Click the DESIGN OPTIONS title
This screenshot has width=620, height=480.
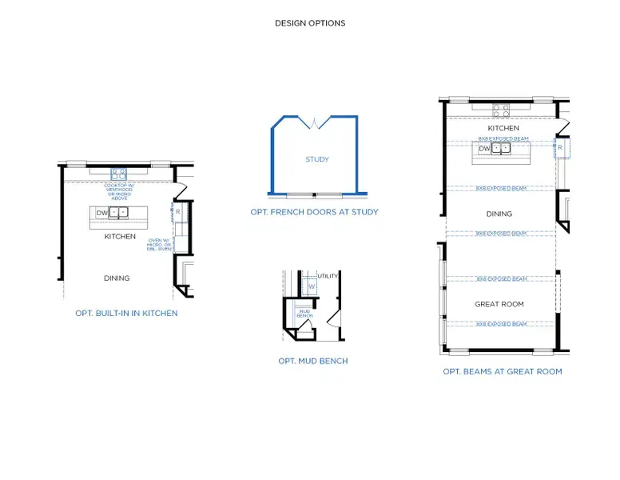pos(310,23)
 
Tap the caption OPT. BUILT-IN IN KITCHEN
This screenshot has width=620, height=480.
pos(126,313)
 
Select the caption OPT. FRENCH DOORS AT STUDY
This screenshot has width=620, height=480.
pos(314,212)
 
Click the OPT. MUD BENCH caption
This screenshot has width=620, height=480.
pos(312,361)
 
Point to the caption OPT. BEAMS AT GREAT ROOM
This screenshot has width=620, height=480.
pos(502,371)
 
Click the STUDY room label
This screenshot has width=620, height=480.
pos(316,159)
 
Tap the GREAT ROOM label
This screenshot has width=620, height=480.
pos(499,304)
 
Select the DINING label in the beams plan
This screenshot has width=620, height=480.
pos(499,214)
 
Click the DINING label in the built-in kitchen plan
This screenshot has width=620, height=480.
pos(117,278)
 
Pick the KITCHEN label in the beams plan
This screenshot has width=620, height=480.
pos(503,128)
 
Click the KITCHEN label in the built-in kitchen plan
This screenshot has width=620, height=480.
pos(120,237)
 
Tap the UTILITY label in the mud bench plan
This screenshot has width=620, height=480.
pos(328,276)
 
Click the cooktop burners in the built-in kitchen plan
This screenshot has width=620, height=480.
pos(118,173)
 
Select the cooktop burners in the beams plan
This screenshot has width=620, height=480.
pos(501,110)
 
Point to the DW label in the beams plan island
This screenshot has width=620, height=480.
pos(484,148)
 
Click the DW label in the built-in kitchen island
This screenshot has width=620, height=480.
pos(101,213)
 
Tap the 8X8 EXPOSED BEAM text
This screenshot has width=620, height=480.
pos(503,138)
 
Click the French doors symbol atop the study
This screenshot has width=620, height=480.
pos(315,122)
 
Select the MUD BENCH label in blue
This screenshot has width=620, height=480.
pos(304,313)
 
